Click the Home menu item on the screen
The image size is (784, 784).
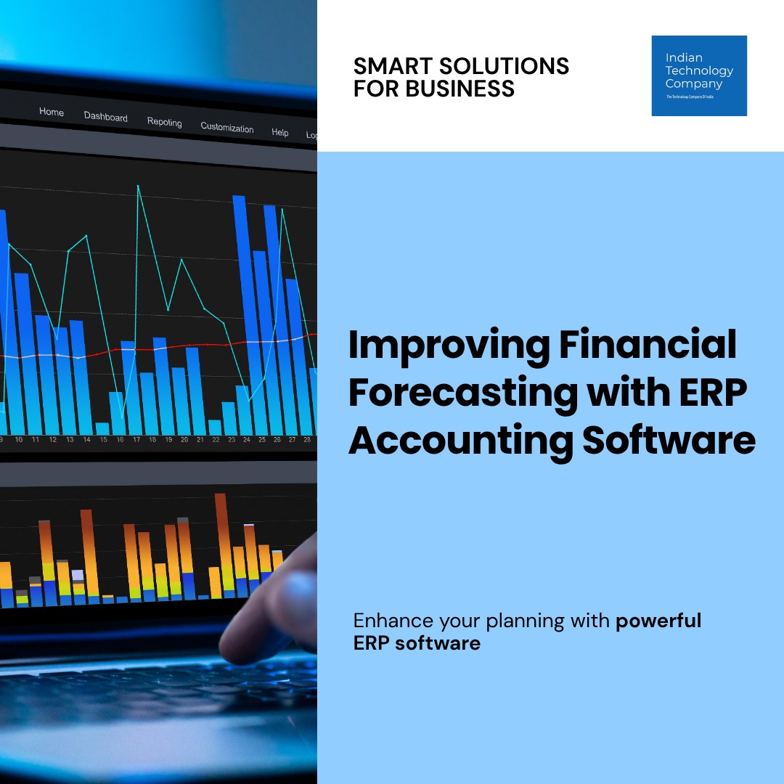52,112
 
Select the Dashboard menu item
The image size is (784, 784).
105,117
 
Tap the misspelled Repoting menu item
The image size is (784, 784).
164,122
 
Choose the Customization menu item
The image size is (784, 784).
227,128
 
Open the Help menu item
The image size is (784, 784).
279,132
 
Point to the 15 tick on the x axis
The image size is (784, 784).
103,440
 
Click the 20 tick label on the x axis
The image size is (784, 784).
184,440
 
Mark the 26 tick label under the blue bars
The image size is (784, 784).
277,440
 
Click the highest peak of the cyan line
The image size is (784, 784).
138,187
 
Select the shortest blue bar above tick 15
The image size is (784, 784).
102,428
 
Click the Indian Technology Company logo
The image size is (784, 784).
699,75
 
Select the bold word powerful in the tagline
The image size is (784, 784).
658,621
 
